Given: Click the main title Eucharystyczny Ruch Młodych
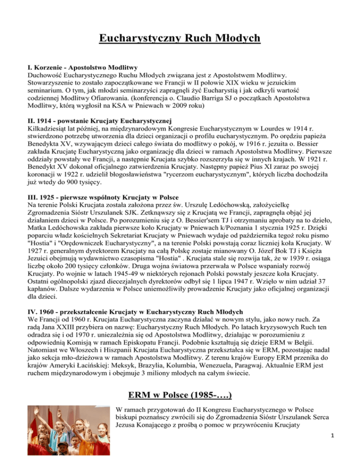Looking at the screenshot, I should coord(180,37).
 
